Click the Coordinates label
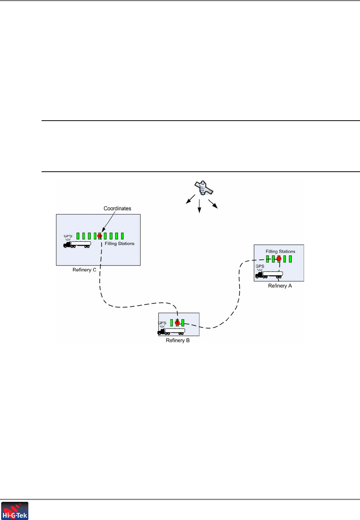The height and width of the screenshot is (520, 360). click(x=117, y=208)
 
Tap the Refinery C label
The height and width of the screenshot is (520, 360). click(x=84, y=270)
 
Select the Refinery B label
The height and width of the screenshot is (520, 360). click(x=178, y=340)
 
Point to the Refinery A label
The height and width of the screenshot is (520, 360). click(x=280, y=286)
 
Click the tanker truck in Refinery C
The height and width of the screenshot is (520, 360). click(x=77, y=244)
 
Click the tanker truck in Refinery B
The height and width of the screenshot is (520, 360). click(x=171, y=331)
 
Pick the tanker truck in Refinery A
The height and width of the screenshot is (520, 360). click(x=269, y=275)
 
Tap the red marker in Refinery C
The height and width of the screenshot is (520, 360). click(x=100, y=236)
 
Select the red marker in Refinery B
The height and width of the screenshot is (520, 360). click(x=177, y=323)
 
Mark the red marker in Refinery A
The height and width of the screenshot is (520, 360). click(x=279, y=259)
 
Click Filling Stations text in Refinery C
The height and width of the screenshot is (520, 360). click(x=119, y=244)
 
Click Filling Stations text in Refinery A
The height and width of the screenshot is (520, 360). click(x=280, y=251)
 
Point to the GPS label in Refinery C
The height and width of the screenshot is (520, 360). click(x=68, y=236)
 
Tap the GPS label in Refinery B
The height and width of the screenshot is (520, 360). click(x=162, y=323)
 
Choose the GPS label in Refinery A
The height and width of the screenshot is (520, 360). click(x=260, y=266)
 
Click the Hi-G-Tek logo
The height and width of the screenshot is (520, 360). click(x=15, y=511)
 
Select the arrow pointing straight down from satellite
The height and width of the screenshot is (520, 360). click(x=199, y=206)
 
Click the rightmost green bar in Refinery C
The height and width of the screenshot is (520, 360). click(x=122, y=236)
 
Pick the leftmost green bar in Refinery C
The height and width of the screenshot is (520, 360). click(x=78, y=236)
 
